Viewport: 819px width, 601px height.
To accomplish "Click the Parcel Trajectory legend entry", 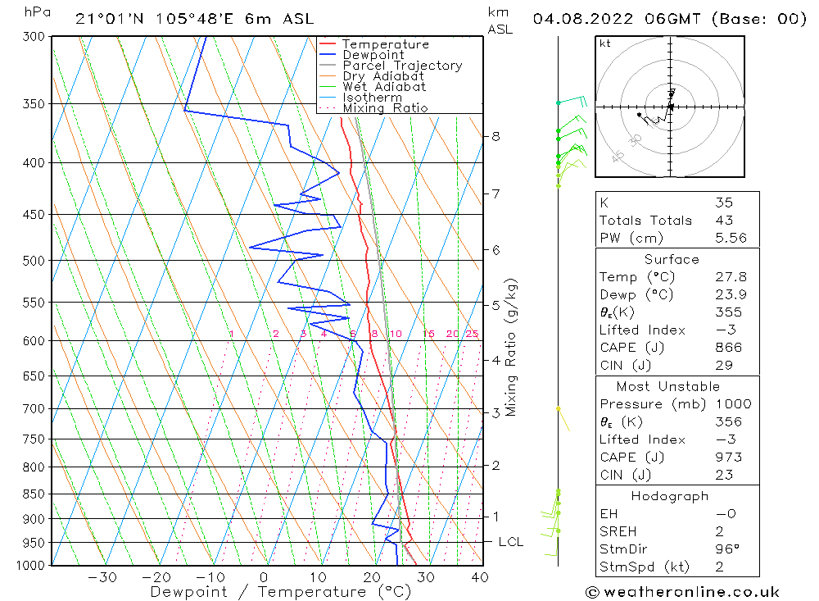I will click(402, 66).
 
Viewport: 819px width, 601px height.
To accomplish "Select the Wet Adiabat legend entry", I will click(384, 87).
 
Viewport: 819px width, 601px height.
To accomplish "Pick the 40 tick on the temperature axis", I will click(480, 577).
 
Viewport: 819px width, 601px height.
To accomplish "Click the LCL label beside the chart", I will click(510, 542).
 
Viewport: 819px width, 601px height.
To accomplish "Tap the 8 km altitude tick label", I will click(495, 136).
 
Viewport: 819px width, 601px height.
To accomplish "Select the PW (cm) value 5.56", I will click(731, 238).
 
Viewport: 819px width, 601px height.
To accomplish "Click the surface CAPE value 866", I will click(728, 347).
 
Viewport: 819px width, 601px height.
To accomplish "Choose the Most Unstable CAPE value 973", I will click(728, 457).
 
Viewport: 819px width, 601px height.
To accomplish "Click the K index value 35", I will click(723, 203).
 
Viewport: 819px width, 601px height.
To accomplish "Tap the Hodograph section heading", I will click(670, 496).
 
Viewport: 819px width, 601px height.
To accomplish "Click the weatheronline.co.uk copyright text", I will click(682, 592).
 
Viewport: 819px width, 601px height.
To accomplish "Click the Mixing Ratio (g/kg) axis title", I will click(512, 348).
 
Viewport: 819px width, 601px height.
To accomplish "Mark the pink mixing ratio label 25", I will click(472, 334).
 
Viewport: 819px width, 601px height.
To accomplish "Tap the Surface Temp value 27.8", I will click(731, 277).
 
